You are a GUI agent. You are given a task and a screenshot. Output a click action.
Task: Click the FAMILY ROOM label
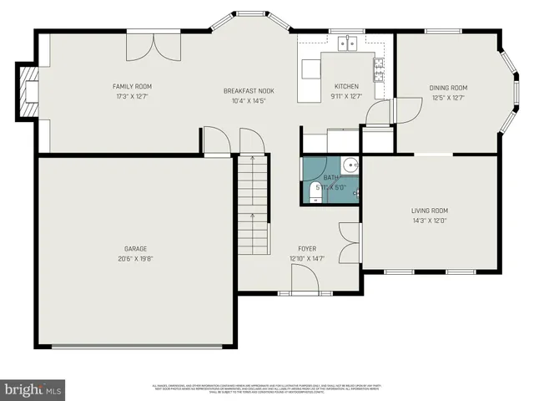coord(132,86)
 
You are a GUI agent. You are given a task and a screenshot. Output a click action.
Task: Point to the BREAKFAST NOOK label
coord(249,91)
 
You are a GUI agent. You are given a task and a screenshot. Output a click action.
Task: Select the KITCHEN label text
coord(346,86)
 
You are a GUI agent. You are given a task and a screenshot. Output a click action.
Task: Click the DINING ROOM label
coord(448,88)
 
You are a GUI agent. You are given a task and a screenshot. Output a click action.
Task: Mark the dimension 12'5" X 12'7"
coord(448,98)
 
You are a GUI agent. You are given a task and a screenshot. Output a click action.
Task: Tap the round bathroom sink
coord(351,165)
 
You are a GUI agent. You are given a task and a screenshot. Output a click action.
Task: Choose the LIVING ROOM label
coord(430,211)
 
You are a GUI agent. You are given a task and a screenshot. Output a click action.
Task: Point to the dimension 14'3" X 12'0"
coord(430,221)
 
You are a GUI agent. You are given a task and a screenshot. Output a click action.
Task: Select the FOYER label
coord(307,249)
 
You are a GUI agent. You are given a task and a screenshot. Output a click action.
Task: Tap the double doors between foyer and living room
coord(347,241)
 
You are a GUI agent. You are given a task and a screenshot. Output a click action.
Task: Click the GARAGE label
coord(136,248)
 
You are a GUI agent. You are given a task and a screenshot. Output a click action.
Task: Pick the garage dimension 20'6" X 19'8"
coord(136,258)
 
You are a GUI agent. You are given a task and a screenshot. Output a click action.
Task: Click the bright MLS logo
coord(33,389)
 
